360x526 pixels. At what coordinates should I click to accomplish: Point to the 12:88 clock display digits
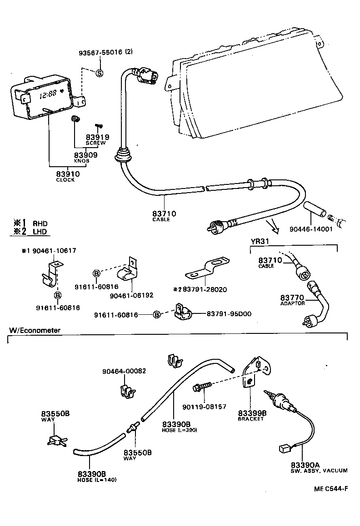coord(48,95)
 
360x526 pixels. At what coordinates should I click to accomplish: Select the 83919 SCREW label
coord(96,139)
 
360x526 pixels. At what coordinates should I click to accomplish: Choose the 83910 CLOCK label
coord(68,176)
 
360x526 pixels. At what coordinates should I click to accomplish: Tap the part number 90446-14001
coord(311,229)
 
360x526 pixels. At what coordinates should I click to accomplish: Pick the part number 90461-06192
coord(131,295)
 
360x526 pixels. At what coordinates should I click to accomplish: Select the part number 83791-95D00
coord(230,313)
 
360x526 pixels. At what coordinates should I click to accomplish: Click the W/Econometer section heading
coord(34,330)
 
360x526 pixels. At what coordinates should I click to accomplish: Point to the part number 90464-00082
coord(124,371)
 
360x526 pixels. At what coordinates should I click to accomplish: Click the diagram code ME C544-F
coord(330,489)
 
